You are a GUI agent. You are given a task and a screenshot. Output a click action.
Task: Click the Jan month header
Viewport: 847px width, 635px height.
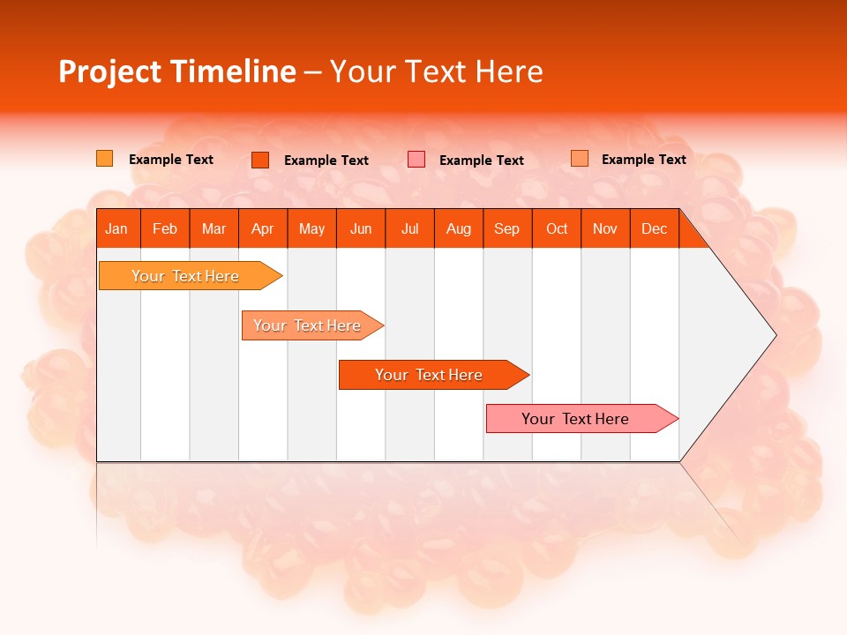coord(116,228)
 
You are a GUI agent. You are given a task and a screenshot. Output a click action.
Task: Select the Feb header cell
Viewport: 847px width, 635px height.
coord(165,228)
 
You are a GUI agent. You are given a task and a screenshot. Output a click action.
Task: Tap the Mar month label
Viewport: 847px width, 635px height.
coord(214,228)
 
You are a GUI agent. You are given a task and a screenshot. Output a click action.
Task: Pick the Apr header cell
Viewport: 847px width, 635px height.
coord(262,228)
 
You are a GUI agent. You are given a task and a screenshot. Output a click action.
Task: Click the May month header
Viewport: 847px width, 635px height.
coord(311,228)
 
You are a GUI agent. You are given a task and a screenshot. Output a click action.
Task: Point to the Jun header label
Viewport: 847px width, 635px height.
coord(361,228)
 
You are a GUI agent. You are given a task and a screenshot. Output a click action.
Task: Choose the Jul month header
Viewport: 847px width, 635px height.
coord(409,228)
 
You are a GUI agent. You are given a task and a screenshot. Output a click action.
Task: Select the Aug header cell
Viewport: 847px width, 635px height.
coord(458,228)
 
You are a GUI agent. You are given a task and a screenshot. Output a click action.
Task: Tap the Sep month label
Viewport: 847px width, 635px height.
coord(506,228)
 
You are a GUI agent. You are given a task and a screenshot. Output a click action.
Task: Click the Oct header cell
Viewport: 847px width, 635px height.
coord(557,228)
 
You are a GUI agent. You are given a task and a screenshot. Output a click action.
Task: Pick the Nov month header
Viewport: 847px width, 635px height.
coord(605,228)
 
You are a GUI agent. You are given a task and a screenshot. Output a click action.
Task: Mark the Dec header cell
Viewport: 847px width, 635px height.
coord(654,228)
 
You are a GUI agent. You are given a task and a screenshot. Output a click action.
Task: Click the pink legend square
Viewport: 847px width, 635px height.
coord(416,160)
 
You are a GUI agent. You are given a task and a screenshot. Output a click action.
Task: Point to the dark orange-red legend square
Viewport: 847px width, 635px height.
coord(260,160)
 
